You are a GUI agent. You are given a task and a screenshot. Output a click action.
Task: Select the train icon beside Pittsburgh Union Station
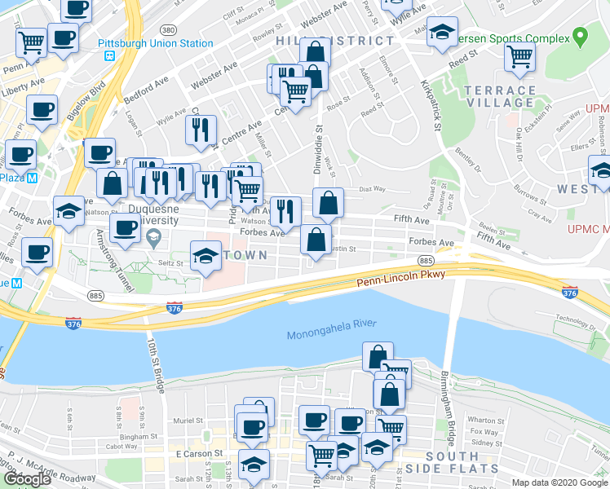[x=108, y=57]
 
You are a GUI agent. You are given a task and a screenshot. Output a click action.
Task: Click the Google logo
[x=27, y=479]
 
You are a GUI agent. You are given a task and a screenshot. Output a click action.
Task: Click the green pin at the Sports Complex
[x=580, y=36]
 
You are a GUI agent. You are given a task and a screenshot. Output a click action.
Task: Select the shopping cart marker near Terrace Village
[x=519, y=57]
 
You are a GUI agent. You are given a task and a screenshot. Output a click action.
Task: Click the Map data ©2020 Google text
[x=559, y=482]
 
